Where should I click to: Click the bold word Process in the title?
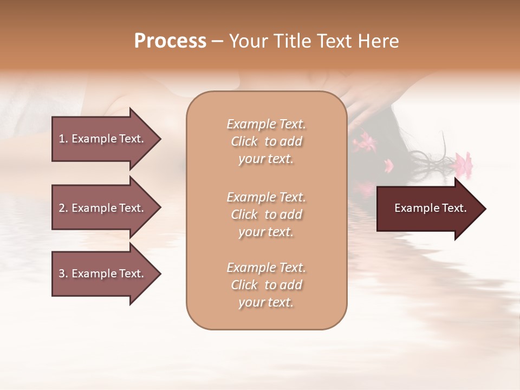pyautogui.click(x=170, y=41)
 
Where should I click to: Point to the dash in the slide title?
pyautogui.click(x=217, y=42)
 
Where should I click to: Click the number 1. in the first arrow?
pyautogui.click(x=63, y=139)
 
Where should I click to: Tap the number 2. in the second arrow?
pyautogui.click(x=63, y=208)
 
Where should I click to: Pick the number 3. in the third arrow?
pyautogui.click(x=63, y=274)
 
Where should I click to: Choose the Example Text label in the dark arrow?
pyautogui.click(x=430, y=208)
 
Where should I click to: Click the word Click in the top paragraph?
pyautogui.click(x=244, y=141)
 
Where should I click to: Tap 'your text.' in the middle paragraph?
pyautogui.click(x=266, y=232)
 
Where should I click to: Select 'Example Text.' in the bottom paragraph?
pyautogui.click(x=266, y=268)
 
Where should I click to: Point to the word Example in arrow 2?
pyautogui.click(x=93, y=208)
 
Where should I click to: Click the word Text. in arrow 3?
pyautogui.click(x=131, y=274)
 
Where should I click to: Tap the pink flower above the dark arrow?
pyautogui.click(x=463, y=162)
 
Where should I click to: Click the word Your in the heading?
pyautogui.click(x=246, y=41)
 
